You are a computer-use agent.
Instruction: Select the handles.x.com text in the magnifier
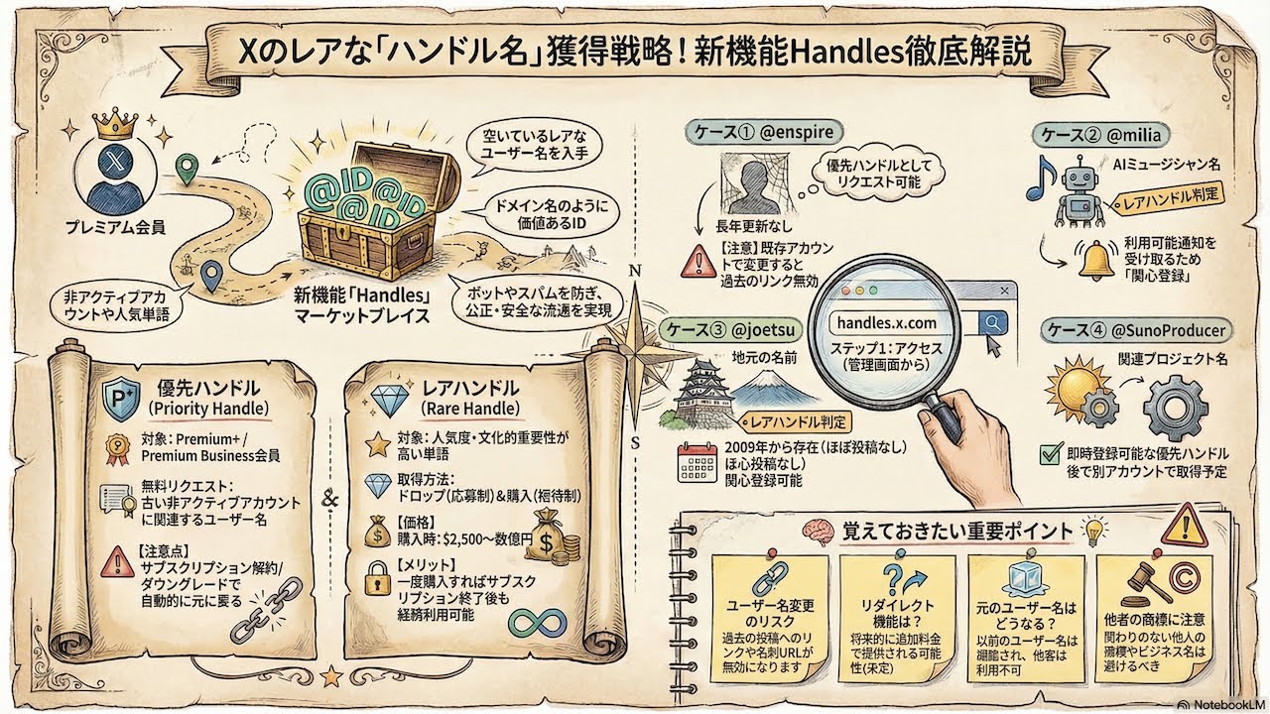coord(886,323)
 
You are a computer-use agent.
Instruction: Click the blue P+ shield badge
coord(120,397)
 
